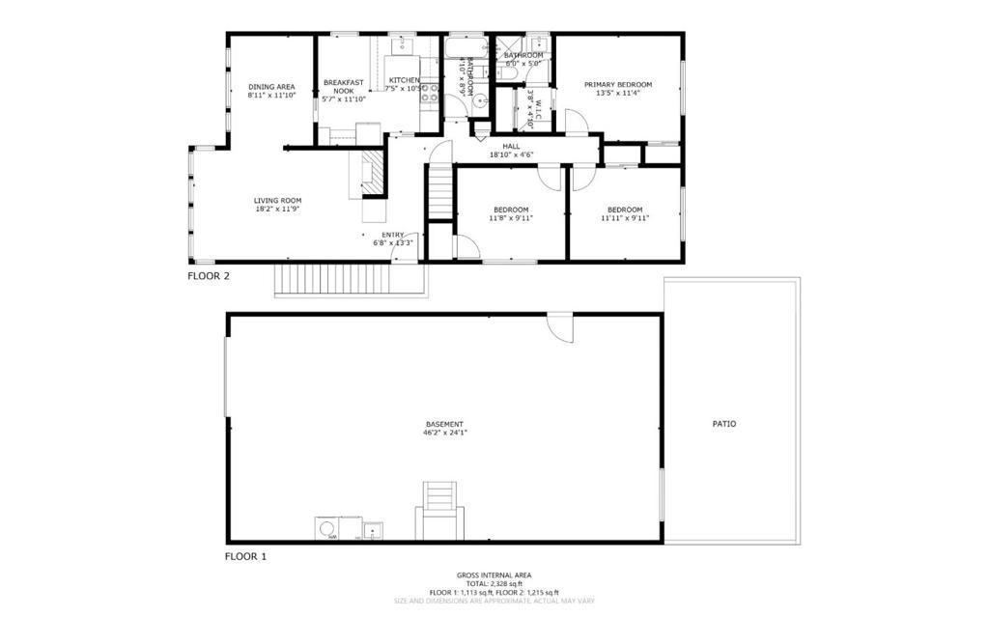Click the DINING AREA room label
click(x=270, y=86)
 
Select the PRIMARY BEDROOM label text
click(x=618, y=84)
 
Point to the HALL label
click(x=511, y=146)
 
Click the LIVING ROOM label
click(x=278, y=201)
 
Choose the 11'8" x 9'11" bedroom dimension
click(x=511, y=218)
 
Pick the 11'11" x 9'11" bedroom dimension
click(x=625, y=218)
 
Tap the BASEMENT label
click(x=445, y=424)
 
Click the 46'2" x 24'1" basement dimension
click(x=445, y=434)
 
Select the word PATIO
click(x=724, y=424)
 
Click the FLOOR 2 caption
click(x=208, y=275)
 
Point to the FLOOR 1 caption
click(x=245, y=556)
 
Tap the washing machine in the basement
click(x=326, y=528)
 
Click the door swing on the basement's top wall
click(x=559, y=325)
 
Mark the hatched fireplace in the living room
click(x=372, y=172)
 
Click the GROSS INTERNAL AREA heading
click(x=494, y=575)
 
